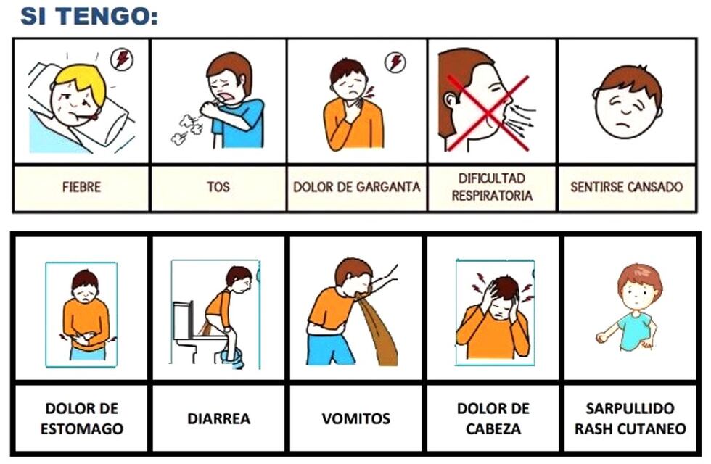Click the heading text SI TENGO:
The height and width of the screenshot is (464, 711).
[89, 15]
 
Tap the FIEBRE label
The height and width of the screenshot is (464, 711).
[81, 187]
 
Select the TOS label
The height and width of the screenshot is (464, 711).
[218, 187]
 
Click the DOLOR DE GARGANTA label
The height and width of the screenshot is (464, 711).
[356, 187]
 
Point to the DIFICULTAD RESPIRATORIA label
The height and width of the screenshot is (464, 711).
[492, 187]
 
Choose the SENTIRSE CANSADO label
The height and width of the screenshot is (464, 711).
[626, 187]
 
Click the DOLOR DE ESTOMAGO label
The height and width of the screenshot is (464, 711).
[81, 418]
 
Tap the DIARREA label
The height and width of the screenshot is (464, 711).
[219, 419]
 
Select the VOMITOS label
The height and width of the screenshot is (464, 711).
[355, 419]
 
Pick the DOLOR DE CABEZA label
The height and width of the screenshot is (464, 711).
[493, 418]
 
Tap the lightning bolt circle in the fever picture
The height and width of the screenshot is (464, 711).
[121, 59]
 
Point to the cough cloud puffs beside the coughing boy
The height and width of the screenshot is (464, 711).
[184, 128]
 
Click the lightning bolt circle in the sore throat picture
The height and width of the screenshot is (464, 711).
[395, 62]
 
